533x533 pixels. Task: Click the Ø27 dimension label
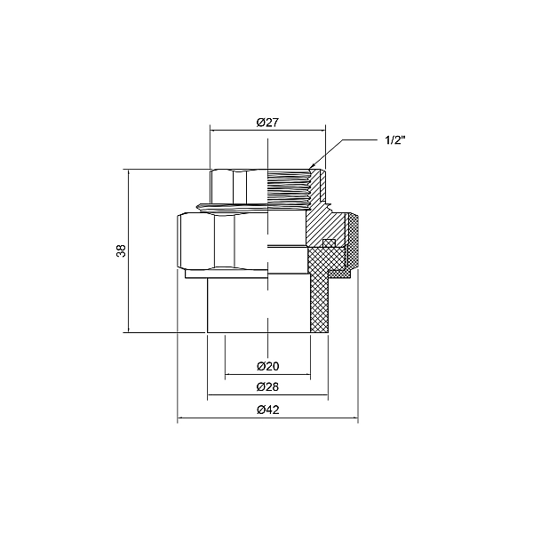pyautogui.click(x=267, y=123)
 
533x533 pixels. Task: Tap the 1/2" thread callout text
pyautogui.click(x=395, y=140)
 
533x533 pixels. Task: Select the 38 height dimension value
pyautogui.click(x=122, y=251)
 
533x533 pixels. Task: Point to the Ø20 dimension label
pyautogui.click(x=268, y=366)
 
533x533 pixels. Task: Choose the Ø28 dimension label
pyautogui.click(x=268, y=386)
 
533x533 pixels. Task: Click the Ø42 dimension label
pyautogui.click(x=268, y=410)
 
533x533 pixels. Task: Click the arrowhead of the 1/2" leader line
pyautogui.click(x=311, y=167)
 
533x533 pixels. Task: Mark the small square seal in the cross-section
pyautogui.click(x=329, y=243)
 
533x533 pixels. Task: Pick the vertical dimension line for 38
pyautogui.click(x=129, y=251)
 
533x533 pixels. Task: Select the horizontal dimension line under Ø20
pyautogui.click(x=268, y=375)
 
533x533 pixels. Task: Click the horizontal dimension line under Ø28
pyautogui.click(x=268, y=395)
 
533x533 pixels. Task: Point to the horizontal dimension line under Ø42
pyautogui.click(x=268, y=418)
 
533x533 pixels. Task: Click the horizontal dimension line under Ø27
pyautogui.click(x=268, y=131)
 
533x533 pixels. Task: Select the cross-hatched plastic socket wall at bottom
pyautogui.click(x=319, y=299)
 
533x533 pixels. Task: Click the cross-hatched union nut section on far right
pyautogui.click(x=354, y=242)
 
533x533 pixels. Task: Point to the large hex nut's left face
pyautogui.click(x=196, y=241)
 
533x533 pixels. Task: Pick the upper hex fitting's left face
pyautogui.click(x=221, y=187)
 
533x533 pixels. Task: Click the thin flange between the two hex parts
pyautogui.click(x=232, y=206)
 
